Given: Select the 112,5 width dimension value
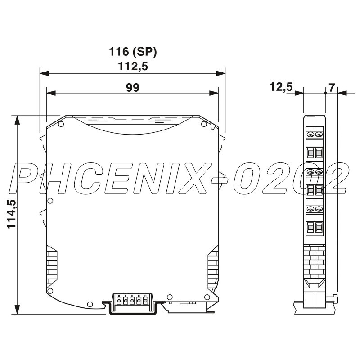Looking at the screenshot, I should point(133,66).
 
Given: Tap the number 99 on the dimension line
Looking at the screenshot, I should point(132,87).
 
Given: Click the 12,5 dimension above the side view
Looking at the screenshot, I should point(281,87).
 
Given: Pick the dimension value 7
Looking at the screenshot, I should point(332,87).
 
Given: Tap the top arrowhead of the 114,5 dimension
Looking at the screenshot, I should point(18,119).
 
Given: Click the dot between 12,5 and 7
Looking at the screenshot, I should point(325,93).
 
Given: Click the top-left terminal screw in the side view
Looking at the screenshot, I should point(310,134).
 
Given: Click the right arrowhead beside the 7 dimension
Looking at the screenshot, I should point(341,93).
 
